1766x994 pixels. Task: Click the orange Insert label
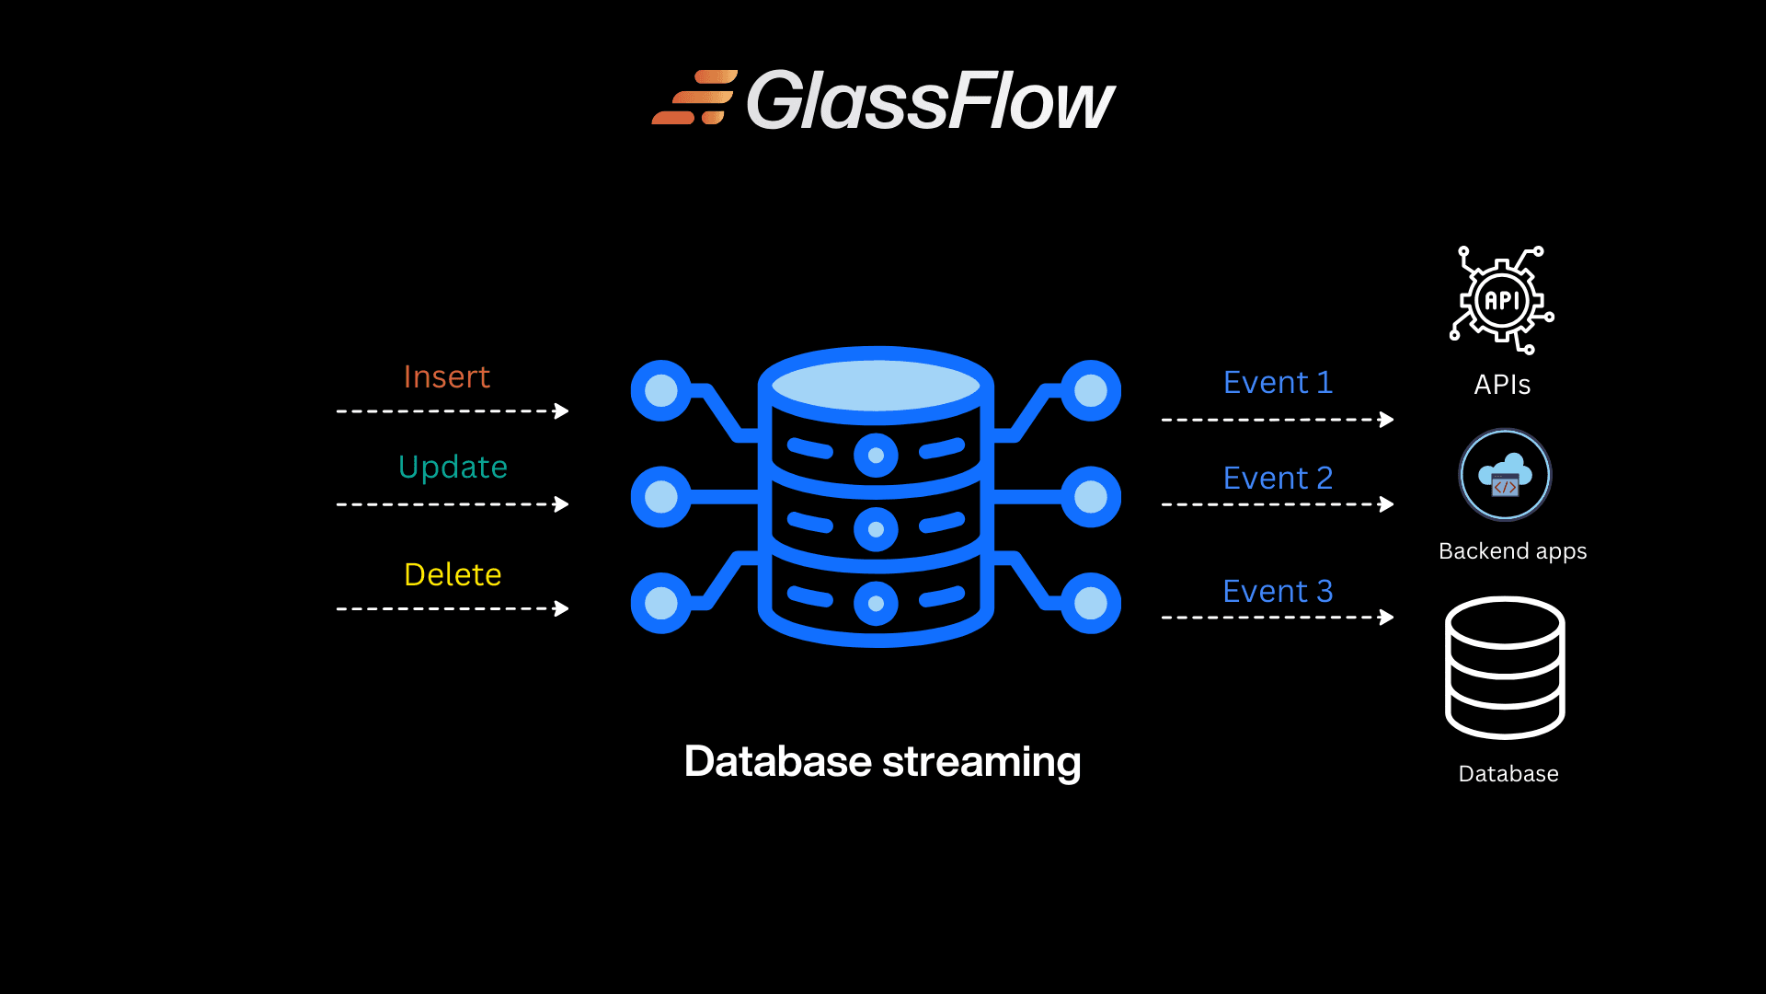point(446,377)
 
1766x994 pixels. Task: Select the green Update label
point(453,468)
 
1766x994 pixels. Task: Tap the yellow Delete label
point(453,575)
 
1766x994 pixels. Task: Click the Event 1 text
point(1278,383)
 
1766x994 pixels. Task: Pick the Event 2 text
point(1278,479)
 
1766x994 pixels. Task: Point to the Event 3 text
point(1278,592)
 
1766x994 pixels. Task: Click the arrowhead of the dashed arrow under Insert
point(562,411)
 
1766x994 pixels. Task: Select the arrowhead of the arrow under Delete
point(562,608)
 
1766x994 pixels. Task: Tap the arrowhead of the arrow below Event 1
point(1387,420)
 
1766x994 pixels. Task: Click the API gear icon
point(1502,300)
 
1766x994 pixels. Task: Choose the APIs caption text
point(1502,385)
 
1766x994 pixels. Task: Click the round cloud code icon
point(1505,476)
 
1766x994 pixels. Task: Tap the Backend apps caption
point(1512,551)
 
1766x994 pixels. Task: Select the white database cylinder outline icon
point(1505,668)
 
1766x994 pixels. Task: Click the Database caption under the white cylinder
point(1508,774)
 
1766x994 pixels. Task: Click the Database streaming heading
point(882,762)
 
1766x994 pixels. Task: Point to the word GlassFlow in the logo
point(930,101)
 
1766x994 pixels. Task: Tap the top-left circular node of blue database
point(660,390)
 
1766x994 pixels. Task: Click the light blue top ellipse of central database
point(876,385)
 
